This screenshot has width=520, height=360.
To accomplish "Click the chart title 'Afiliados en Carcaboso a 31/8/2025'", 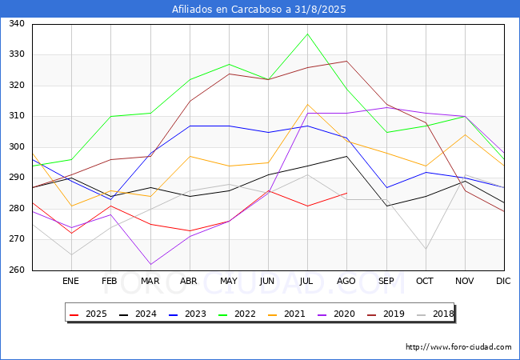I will tap(259, 10).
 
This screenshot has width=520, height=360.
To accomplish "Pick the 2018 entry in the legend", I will tap(436, 314).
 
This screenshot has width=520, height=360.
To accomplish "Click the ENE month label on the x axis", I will tap(71, 282).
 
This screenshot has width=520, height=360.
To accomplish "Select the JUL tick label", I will tap(307, 282).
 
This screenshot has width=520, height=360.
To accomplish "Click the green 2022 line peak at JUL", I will tap(307, 34).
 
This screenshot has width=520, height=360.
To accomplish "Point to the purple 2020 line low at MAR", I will tap(150, 264).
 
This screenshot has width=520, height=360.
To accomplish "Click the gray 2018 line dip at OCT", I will tap(426, 249).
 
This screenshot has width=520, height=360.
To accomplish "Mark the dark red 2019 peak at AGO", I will tap(346, 61).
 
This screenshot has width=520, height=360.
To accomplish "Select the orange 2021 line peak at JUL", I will tap(307, 104).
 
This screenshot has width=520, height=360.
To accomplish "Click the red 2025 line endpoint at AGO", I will tap(346, 193).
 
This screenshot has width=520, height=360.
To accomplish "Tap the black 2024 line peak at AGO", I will tap(346, 156).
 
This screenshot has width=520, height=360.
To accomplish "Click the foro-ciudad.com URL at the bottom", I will tap(458, 347).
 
